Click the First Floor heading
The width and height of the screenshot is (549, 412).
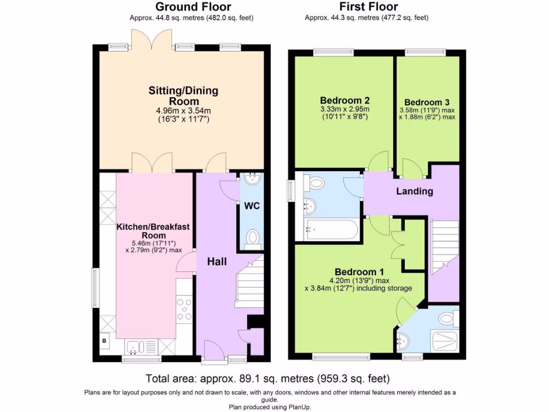click(368, 7)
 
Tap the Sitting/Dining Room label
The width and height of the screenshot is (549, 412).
click(183, 95)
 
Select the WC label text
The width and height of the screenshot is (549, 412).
click(251, 206)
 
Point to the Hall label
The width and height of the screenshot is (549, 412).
click(217, 262)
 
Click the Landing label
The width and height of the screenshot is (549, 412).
click(414, 192)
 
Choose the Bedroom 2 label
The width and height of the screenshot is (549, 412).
click(345, 100)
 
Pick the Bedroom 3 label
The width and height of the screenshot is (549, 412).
click(427, 102)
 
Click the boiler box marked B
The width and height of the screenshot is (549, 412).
click(105, 341)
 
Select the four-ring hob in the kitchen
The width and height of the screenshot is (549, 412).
click(184, 310)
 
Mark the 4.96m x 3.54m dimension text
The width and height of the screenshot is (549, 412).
click(183, 111)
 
